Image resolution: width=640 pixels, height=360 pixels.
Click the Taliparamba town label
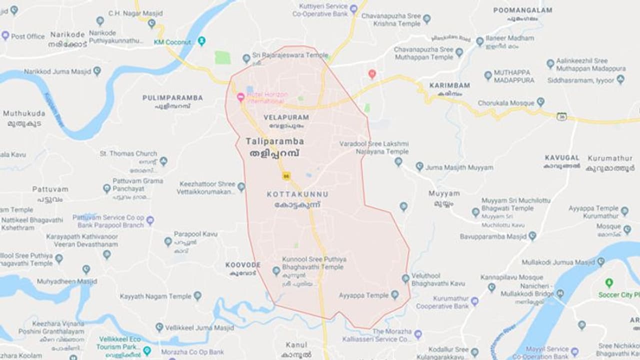(274, 141)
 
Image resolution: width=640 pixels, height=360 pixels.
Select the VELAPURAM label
(286, 117)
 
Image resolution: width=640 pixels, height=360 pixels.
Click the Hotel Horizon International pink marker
(240, 97)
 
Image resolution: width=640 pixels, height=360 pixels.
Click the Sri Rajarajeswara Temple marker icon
(246, 58)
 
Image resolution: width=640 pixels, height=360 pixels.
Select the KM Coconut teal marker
(201, 41)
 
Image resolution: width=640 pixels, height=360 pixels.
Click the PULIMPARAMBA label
(172, 97)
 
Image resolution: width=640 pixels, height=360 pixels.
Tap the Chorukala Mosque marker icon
(540, 102)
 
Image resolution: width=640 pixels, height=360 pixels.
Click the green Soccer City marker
(609, 283)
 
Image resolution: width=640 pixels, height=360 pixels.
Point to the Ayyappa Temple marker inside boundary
(394, 295)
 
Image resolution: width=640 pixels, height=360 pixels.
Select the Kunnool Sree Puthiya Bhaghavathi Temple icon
(276, 270)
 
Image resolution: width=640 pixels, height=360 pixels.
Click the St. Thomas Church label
(128, 153)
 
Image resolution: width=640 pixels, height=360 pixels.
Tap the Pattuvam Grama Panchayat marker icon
(106, 188)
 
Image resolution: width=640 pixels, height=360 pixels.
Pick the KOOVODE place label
(242, 264)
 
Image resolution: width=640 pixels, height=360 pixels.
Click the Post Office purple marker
(5, 35)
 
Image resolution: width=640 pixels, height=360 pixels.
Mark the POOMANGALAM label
(522, 10)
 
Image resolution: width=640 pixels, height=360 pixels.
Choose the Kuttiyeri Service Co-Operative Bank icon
(353, 9)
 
